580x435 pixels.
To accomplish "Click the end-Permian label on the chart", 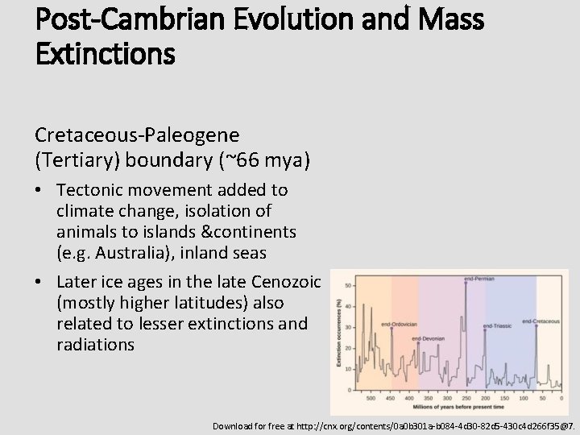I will click(478, 279).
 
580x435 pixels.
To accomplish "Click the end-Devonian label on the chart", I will click(428, 338).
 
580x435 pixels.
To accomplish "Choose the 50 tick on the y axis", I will click(347, 286).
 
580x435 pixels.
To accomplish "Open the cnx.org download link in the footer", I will click(393, 425).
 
